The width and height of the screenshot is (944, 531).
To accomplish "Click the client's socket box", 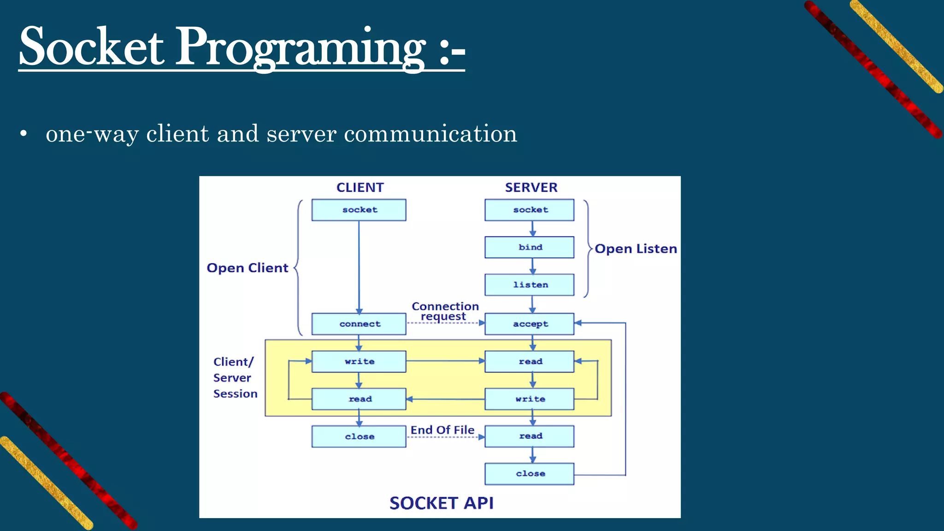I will (359, 210).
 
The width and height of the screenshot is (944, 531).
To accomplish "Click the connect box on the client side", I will (359, 324).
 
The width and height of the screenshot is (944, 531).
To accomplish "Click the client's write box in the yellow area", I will (359, 361).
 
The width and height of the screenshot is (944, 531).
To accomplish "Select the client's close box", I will (359, 437).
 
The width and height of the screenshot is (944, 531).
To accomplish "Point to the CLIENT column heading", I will (360, 188).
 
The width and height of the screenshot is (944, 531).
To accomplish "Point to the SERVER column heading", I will (531, 188).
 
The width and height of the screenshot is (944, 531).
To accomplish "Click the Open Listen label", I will (636, 249).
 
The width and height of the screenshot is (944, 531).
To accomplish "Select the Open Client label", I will (248, 268).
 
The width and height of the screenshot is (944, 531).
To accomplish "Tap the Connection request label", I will (445, 312).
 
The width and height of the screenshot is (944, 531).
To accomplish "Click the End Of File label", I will (442, 430).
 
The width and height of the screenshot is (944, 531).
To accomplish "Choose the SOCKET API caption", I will (441, 503).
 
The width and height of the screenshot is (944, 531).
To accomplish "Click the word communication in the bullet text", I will (431, 134).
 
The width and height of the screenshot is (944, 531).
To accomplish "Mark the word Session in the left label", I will (235, 394).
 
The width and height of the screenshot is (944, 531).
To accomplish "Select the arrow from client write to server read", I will (445, 361).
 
